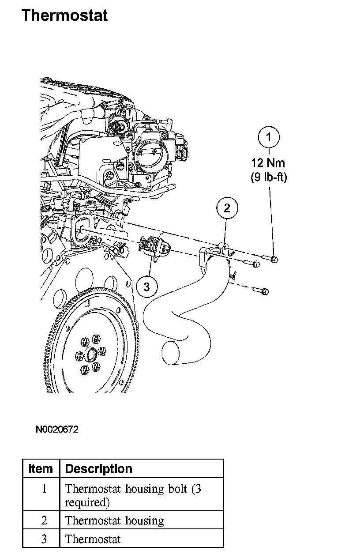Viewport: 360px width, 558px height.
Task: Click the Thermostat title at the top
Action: point(64,15)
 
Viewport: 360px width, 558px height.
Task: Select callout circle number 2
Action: point(227,208)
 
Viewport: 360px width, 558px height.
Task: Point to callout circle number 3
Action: point(146,287)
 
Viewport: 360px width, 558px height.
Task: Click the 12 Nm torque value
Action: point(269,163)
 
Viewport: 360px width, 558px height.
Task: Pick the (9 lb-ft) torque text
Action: point(269,178)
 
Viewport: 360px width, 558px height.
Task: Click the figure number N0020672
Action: point(57,429)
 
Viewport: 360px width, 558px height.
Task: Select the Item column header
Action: point(41,469)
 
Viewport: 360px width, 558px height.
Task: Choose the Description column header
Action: point(99,469)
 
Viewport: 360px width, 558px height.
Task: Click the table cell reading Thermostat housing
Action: point(115,521)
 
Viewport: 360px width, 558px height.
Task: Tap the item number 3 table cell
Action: point(44,539)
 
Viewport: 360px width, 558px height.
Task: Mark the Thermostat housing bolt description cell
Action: point(133,495)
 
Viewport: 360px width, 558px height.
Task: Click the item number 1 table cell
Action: point(44,489)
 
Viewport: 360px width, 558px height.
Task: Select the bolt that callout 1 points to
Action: point(274,259)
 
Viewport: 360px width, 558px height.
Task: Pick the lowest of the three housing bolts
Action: point(261,291)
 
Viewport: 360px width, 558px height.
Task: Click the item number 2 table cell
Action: point(44,521)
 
